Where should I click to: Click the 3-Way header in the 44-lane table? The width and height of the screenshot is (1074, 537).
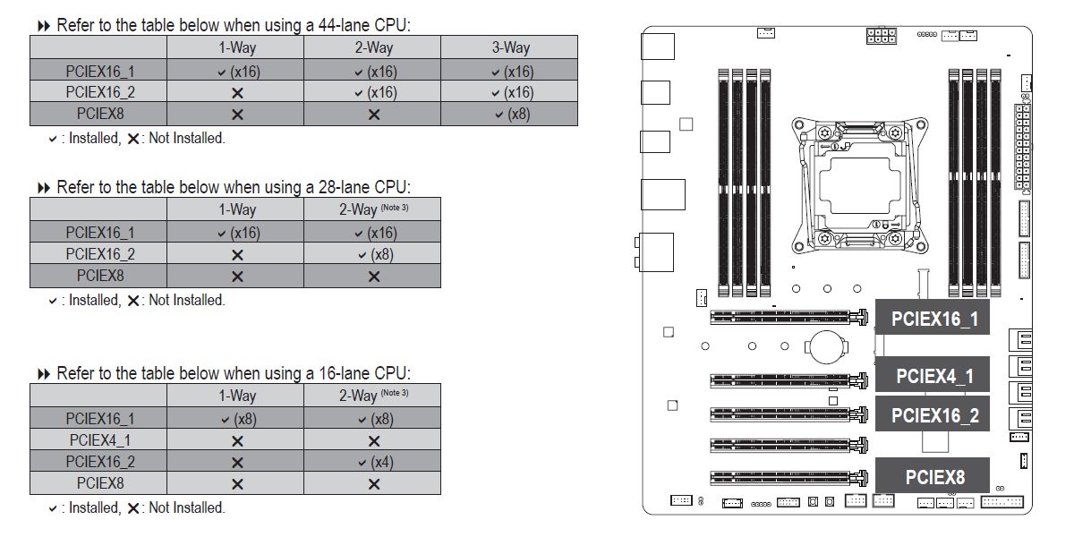point(511,47)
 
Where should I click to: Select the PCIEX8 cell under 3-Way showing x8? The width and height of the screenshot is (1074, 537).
point(513,115)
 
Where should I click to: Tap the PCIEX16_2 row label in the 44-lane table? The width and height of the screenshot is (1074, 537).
point(100,91)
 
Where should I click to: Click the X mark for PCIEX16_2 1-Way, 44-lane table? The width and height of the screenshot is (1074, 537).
point(237,93)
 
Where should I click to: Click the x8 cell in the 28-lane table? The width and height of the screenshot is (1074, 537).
point(377,254)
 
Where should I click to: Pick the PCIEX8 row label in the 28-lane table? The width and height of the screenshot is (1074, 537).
point(100,276)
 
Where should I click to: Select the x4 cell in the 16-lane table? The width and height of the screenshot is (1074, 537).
point(377,462)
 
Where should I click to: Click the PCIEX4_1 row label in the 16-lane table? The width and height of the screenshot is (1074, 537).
point(100,440)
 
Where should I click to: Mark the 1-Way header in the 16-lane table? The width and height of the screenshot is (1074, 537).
point(237,396)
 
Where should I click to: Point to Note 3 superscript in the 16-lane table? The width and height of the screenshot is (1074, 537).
point(395,393)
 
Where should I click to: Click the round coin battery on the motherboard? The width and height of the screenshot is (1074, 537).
point(826,346)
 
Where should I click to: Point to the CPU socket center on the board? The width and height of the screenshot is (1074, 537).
point(860,185)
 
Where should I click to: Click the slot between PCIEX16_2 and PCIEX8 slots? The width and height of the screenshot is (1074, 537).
point(788,446)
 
